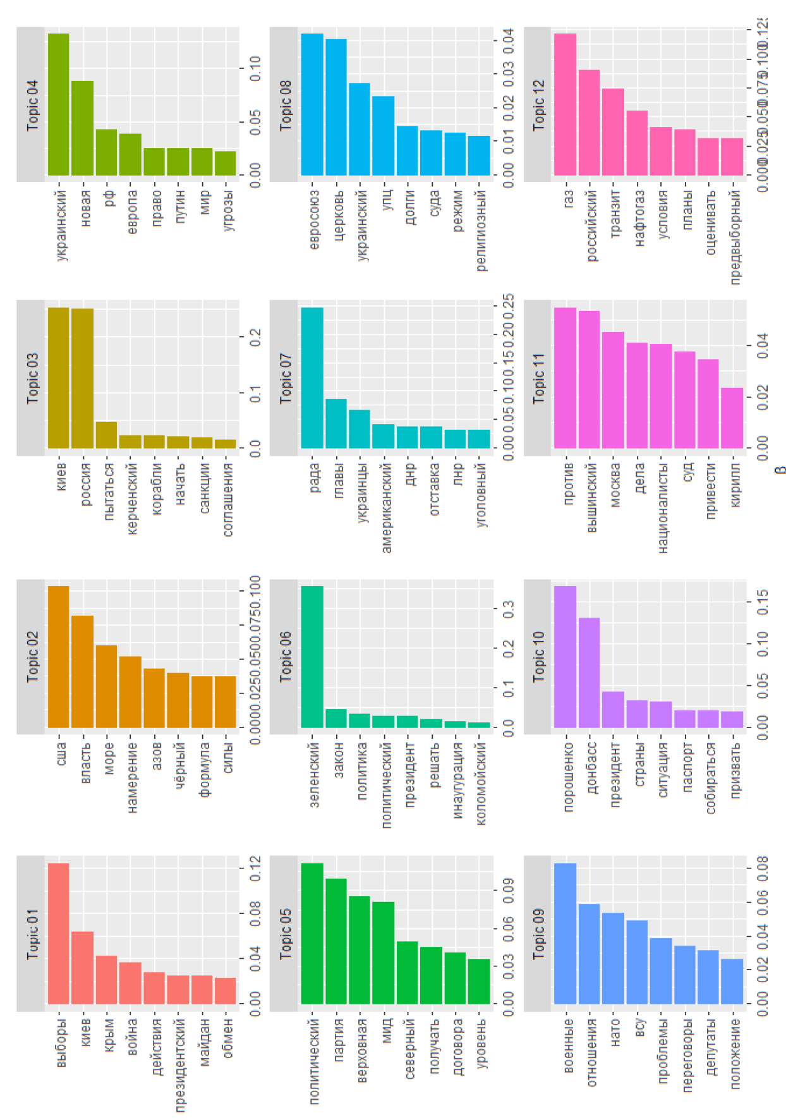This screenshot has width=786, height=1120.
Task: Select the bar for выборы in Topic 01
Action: [59, 933]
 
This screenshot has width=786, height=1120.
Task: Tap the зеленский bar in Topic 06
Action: [312, 657]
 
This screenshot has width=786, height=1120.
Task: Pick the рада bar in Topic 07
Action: [312, 378]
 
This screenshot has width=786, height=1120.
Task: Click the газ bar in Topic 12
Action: [565, 104]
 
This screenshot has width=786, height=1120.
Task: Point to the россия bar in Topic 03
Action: [83, 378]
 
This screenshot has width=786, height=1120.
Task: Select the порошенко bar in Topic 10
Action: [565, 657]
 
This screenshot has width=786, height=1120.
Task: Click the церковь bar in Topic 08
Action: [336, 107]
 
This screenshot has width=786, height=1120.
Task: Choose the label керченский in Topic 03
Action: [131, 499]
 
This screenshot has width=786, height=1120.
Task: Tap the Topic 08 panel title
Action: [285, 105]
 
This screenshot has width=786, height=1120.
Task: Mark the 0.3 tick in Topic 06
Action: [508, 609]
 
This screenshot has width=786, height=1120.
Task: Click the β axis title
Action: [780, 469]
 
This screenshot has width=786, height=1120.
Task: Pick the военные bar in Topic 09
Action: [565, 933]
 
